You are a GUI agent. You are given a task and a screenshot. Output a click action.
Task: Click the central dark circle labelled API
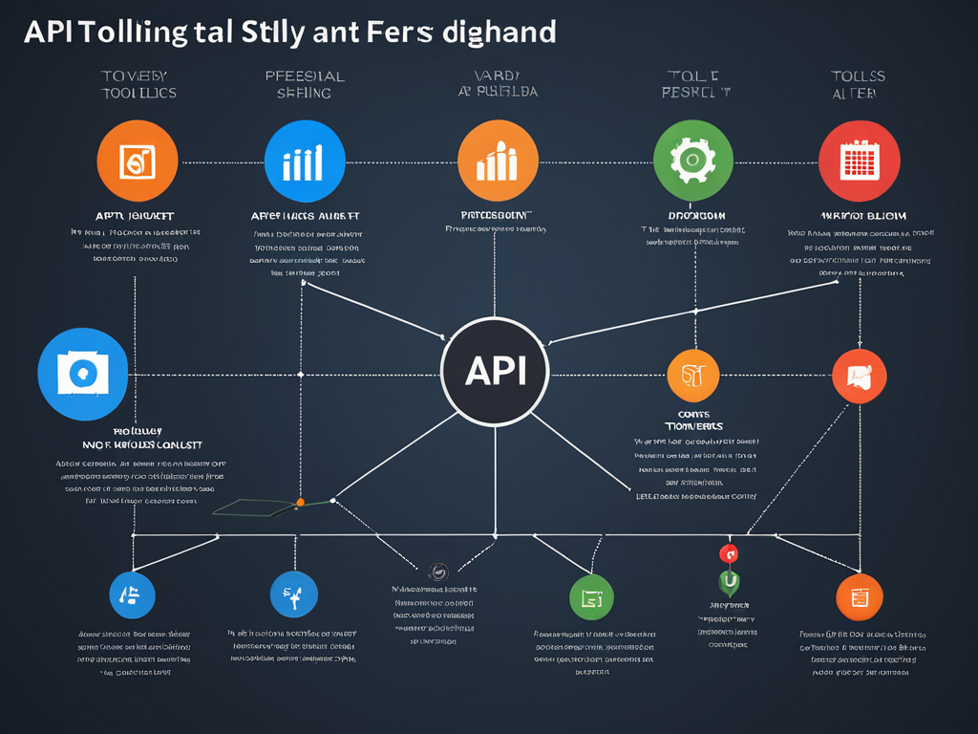495,372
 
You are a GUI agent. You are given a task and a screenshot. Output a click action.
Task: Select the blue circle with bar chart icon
303,161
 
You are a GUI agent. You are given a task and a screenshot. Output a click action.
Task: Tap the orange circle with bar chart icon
498,161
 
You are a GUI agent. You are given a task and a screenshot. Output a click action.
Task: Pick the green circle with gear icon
693,161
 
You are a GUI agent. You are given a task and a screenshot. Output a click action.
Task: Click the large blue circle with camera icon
83,375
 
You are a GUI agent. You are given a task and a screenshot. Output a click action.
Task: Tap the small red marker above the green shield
728,553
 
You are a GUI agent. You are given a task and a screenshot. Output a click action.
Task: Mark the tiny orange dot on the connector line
300,502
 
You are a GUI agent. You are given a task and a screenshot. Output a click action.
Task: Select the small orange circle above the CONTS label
692,375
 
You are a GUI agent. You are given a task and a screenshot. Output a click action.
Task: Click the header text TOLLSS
858,76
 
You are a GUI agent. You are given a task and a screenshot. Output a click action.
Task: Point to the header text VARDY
497,76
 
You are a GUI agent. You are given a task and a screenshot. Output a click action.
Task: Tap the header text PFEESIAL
304,76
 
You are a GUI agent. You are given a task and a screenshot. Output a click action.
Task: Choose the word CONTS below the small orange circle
693,413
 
